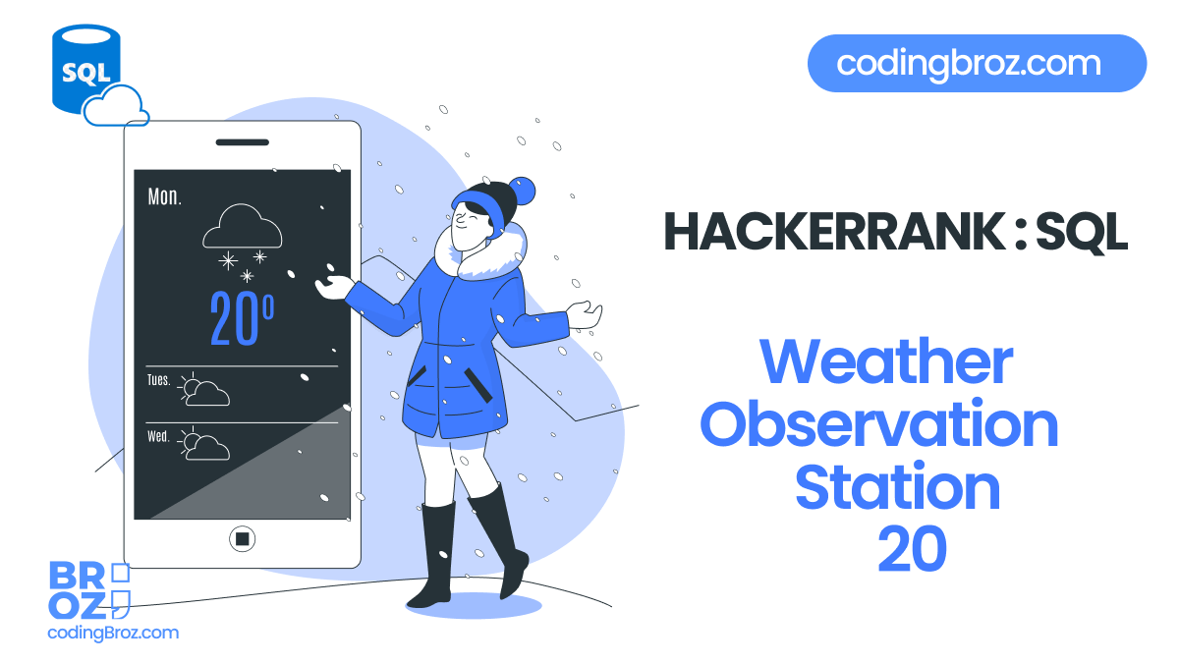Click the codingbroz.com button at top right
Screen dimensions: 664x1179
pos(977,64)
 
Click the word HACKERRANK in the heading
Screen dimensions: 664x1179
pos(832,232)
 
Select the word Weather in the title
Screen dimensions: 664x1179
pos(885,362)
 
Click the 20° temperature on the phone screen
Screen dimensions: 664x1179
pos(242,318)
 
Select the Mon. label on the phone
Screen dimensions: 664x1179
pos(164,196)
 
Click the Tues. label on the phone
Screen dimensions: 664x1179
pos(159,380)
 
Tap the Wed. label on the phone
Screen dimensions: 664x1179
pos(158,435)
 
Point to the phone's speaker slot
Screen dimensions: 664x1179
pos(242,141)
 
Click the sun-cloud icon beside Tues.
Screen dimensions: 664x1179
pos(204,391)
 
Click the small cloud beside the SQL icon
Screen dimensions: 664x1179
pos(116,106)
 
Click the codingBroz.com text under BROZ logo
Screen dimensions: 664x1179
pos(113,633)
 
